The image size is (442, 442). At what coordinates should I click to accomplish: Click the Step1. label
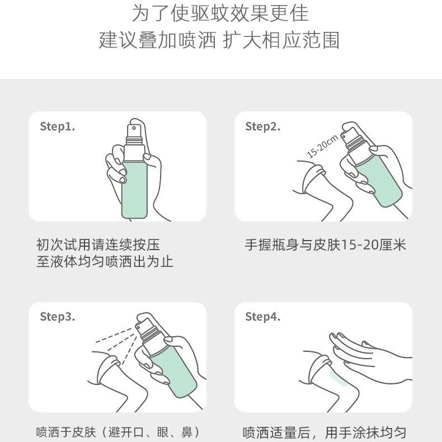click(58, 126)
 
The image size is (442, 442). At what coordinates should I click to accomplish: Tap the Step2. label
click(263, 126)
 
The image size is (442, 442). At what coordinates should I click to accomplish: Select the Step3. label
click(58, 317)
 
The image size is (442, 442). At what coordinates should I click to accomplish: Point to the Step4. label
click(263, 317)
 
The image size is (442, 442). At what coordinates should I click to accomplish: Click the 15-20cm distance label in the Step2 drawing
click(322, 147)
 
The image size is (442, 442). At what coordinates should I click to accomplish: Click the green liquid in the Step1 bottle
click(134, 190)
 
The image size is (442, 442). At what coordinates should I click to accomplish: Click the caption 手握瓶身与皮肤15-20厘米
click(325, 244)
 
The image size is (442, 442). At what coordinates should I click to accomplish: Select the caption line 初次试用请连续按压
click(98, 244)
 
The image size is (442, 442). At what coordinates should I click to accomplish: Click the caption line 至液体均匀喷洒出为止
click(105, 262)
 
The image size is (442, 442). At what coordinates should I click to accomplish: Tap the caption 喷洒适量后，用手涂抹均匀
click(324, 432)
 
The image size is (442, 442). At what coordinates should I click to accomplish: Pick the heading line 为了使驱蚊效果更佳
click(220, 13)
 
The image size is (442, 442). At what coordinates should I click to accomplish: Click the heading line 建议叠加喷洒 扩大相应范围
click(219, 40)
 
